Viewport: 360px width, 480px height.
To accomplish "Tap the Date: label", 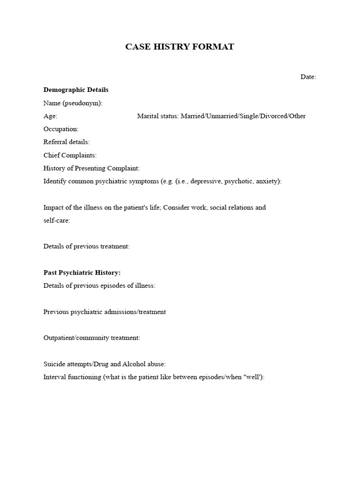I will click(308, 77).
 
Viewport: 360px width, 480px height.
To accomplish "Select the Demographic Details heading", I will click(76, 90).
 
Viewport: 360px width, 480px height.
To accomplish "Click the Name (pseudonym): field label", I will click(73, 103).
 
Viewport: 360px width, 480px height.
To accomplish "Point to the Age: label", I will click(51, 116).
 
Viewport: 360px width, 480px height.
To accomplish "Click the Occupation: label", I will click(61, 129).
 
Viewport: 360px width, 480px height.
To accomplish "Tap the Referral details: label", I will click(67, 142).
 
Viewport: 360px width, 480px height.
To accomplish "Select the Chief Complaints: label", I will click(70, 155).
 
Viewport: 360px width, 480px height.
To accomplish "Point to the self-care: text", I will click(57, 220).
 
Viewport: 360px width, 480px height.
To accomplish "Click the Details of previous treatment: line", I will click(86, 246).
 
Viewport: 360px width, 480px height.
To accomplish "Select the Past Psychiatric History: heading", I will click(82, 272).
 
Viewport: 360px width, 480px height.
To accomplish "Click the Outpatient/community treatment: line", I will click(91, 337).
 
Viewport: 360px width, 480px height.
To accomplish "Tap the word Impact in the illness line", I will click(53, 207).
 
